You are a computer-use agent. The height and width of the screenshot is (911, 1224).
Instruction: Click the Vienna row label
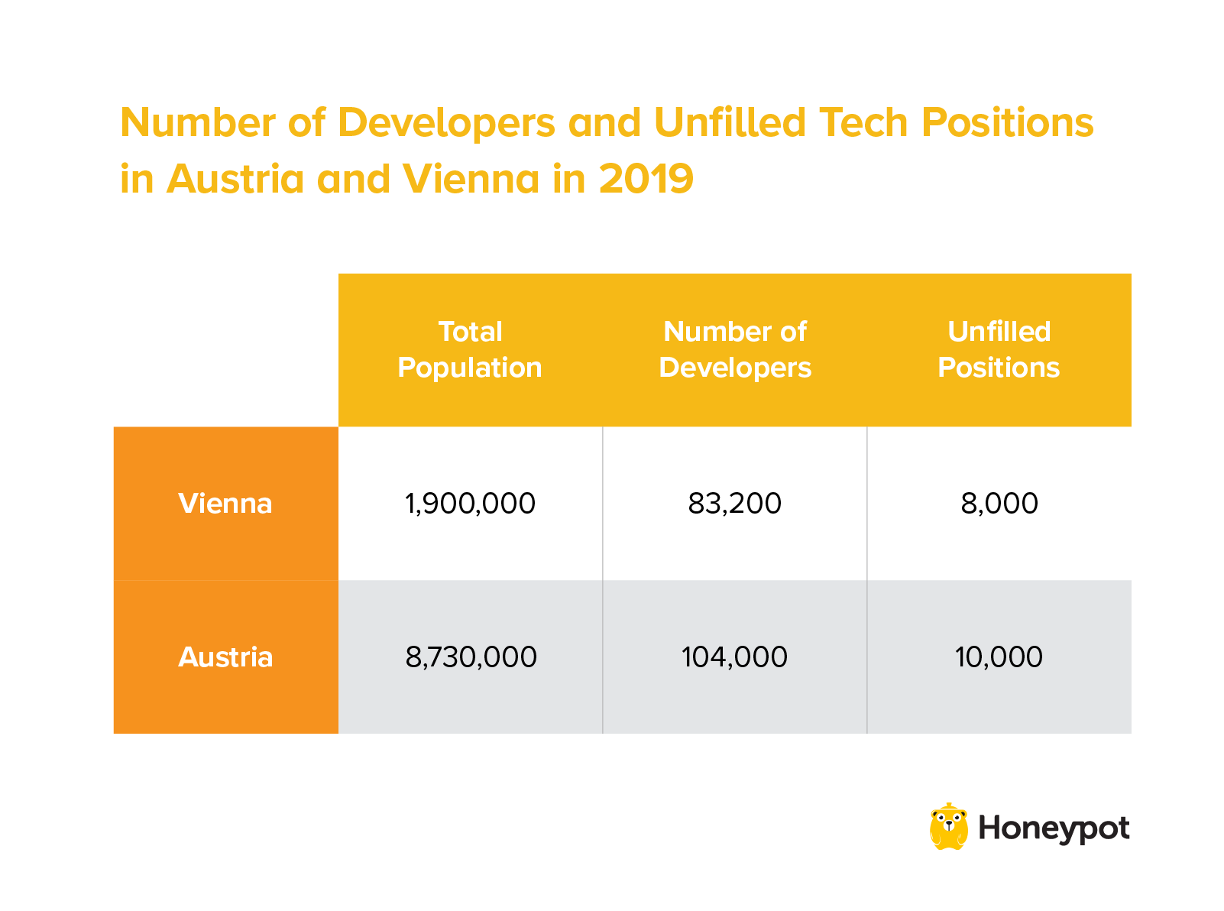coord(225,504)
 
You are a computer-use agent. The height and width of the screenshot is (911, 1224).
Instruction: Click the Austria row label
coord(225,657)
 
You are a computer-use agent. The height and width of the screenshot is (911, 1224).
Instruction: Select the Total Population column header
coord(470,350)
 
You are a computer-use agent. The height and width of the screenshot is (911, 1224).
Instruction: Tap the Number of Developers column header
coord(735,350)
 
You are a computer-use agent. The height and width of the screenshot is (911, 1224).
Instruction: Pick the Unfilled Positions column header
coord(999,350)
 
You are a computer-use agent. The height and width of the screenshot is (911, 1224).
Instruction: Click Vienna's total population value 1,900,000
coord(470,504)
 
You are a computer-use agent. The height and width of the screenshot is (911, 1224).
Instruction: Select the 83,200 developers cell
coord(735,504)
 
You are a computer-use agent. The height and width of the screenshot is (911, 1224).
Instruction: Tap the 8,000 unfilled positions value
coord(999,504)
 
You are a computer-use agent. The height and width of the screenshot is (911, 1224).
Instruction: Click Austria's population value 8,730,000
coord(471,657)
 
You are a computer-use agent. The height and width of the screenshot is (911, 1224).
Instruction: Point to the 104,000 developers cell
coord(735,657)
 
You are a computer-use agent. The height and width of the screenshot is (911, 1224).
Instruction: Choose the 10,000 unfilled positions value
coord(999,657)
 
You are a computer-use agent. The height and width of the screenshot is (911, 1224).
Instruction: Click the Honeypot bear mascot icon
coord(948,827)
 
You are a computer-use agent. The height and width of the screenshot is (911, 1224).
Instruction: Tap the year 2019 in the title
coord(646,179)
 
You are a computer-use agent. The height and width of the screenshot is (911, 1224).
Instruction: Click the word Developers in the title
coord(446,122)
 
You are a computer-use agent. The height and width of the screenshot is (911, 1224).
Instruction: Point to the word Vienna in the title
coord(471,179)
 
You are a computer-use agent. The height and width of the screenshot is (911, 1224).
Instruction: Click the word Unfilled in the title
coord(730,122)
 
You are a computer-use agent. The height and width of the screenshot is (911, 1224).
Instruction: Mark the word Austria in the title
coord(235,179)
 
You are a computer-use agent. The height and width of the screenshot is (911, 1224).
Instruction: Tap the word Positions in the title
coord(1007,122)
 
